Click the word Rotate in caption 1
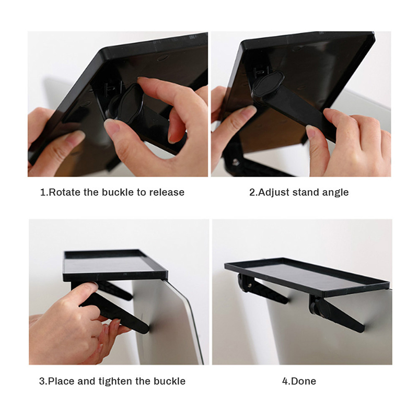(64, 192)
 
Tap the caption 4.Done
(299, 381)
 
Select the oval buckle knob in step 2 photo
(268, 84)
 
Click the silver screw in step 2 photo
(235, 162)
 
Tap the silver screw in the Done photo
(249, 285)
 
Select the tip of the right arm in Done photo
(361, 329)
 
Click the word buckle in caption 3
(169, 381)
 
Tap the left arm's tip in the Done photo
(285, 300)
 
